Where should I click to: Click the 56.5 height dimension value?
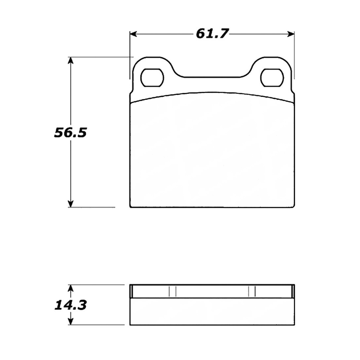70,133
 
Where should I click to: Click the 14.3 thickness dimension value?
70,305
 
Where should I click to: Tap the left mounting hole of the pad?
152,78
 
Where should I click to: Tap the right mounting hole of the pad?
272,78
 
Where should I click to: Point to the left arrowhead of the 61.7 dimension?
133,34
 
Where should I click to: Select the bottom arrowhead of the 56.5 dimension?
71,204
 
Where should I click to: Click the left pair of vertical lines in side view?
172,291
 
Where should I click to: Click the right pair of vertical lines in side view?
252,291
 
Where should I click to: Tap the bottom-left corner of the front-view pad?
131,207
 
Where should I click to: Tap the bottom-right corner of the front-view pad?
294,207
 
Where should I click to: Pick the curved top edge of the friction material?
212,93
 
